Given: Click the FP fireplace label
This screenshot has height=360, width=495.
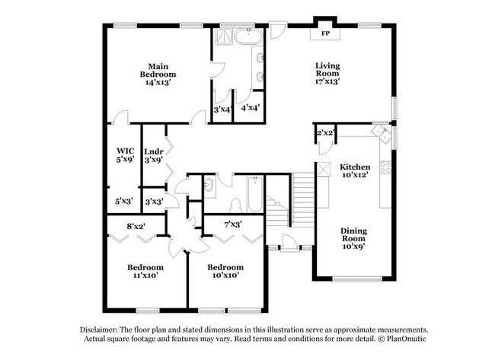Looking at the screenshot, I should (x=325, y=34).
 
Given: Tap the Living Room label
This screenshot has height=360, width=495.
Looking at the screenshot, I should (x=327, y=73).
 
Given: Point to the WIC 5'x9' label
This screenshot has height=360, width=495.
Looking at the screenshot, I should (x=125, y=155).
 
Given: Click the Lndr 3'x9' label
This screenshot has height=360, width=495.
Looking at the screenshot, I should (x=154, y=155).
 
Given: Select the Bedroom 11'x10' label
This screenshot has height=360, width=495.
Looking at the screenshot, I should (x=145, y=272).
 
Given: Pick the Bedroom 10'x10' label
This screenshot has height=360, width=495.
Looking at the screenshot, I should (x=226, y=272).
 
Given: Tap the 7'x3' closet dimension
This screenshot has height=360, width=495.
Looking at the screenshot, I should (x=233, y=225).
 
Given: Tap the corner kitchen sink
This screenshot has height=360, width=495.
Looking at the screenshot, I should (x=379, y=132).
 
